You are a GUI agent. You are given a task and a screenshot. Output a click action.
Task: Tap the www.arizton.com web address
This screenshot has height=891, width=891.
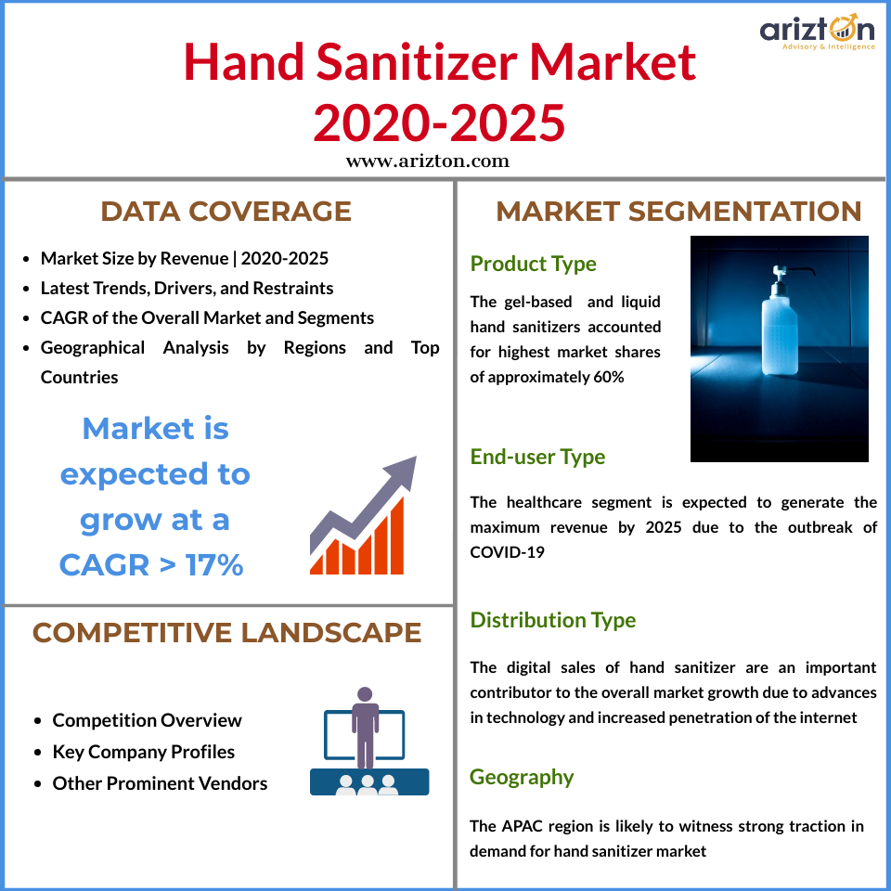[x=427, y=161]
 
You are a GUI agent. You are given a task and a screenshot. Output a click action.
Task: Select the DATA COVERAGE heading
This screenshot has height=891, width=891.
[x=226, y=212]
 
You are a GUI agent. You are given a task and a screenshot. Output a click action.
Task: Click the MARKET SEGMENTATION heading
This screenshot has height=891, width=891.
[x=678, y=212]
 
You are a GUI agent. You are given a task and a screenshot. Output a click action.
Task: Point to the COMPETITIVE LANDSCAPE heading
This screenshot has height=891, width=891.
[x=226, y=632]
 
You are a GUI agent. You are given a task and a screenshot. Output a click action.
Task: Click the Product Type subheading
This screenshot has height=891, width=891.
[x=533, y=264]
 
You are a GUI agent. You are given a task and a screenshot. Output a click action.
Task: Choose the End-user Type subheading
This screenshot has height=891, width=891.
[x=537, y=457]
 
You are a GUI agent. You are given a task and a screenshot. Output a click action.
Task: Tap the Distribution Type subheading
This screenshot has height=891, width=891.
[x=553, y=620]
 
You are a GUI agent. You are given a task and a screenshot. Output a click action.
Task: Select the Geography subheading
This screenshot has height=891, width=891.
[x=522, y=777]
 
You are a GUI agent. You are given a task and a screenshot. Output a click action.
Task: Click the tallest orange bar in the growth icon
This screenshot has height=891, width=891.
[x=397, y=536]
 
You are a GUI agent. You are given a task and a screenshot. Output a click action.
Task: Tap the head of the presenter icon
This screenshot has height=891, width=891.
[x=365, y=694]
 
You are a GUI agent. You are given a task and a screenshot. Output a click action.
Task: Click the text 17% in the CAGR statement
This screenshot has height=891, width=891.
[x=214, y=565]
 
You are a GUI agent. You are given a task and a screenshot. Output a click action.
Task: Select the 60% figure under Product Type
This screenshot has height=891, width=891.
[x=609, y=378]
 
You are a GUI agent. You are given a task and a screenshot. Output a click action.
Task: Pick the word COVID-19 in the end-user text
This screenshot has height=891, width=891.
[x=507, y=552]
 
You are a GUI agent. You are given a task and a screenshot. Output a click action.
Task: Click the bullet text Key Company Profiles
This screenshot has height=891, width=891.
[x=144, y=752]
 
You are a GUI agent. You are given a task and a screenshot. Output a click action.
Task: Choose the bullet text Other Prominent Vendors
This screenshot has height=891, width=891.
[x=160, y=783]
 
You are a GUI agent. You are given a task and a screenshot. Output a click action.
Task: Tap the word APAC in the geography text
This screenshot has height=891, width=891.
[x=522, y=826]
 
